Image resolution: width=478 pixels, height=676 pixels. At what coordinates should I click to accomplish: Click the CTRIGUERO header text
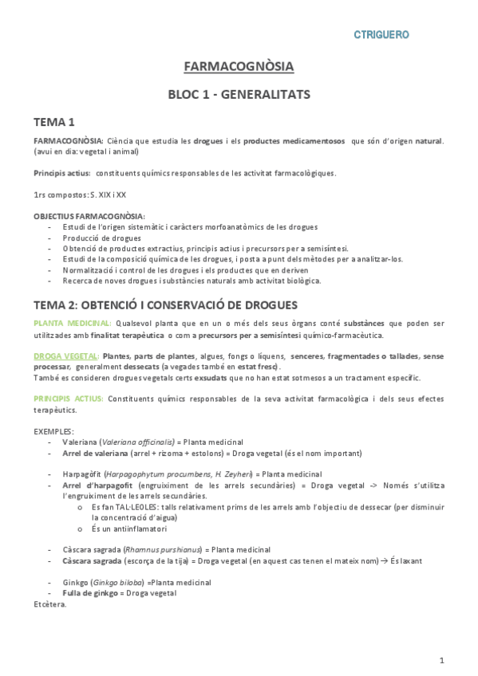click(x=381, y=34)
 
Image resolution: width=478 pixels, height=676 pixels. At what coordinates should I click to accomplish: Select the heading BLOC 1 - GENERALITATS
click(x=239, y=94)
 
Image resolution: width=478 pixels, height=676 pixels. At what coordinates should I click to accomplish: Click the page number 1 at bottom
click(x=441, y=660)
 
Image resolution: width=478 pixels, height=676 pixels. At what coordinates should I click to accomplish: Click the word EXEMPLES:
click(x=53, y=430)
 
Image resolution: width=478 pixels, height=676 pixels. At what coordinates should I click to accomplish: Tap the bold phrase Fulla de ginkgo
click(x=89, y=593)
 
